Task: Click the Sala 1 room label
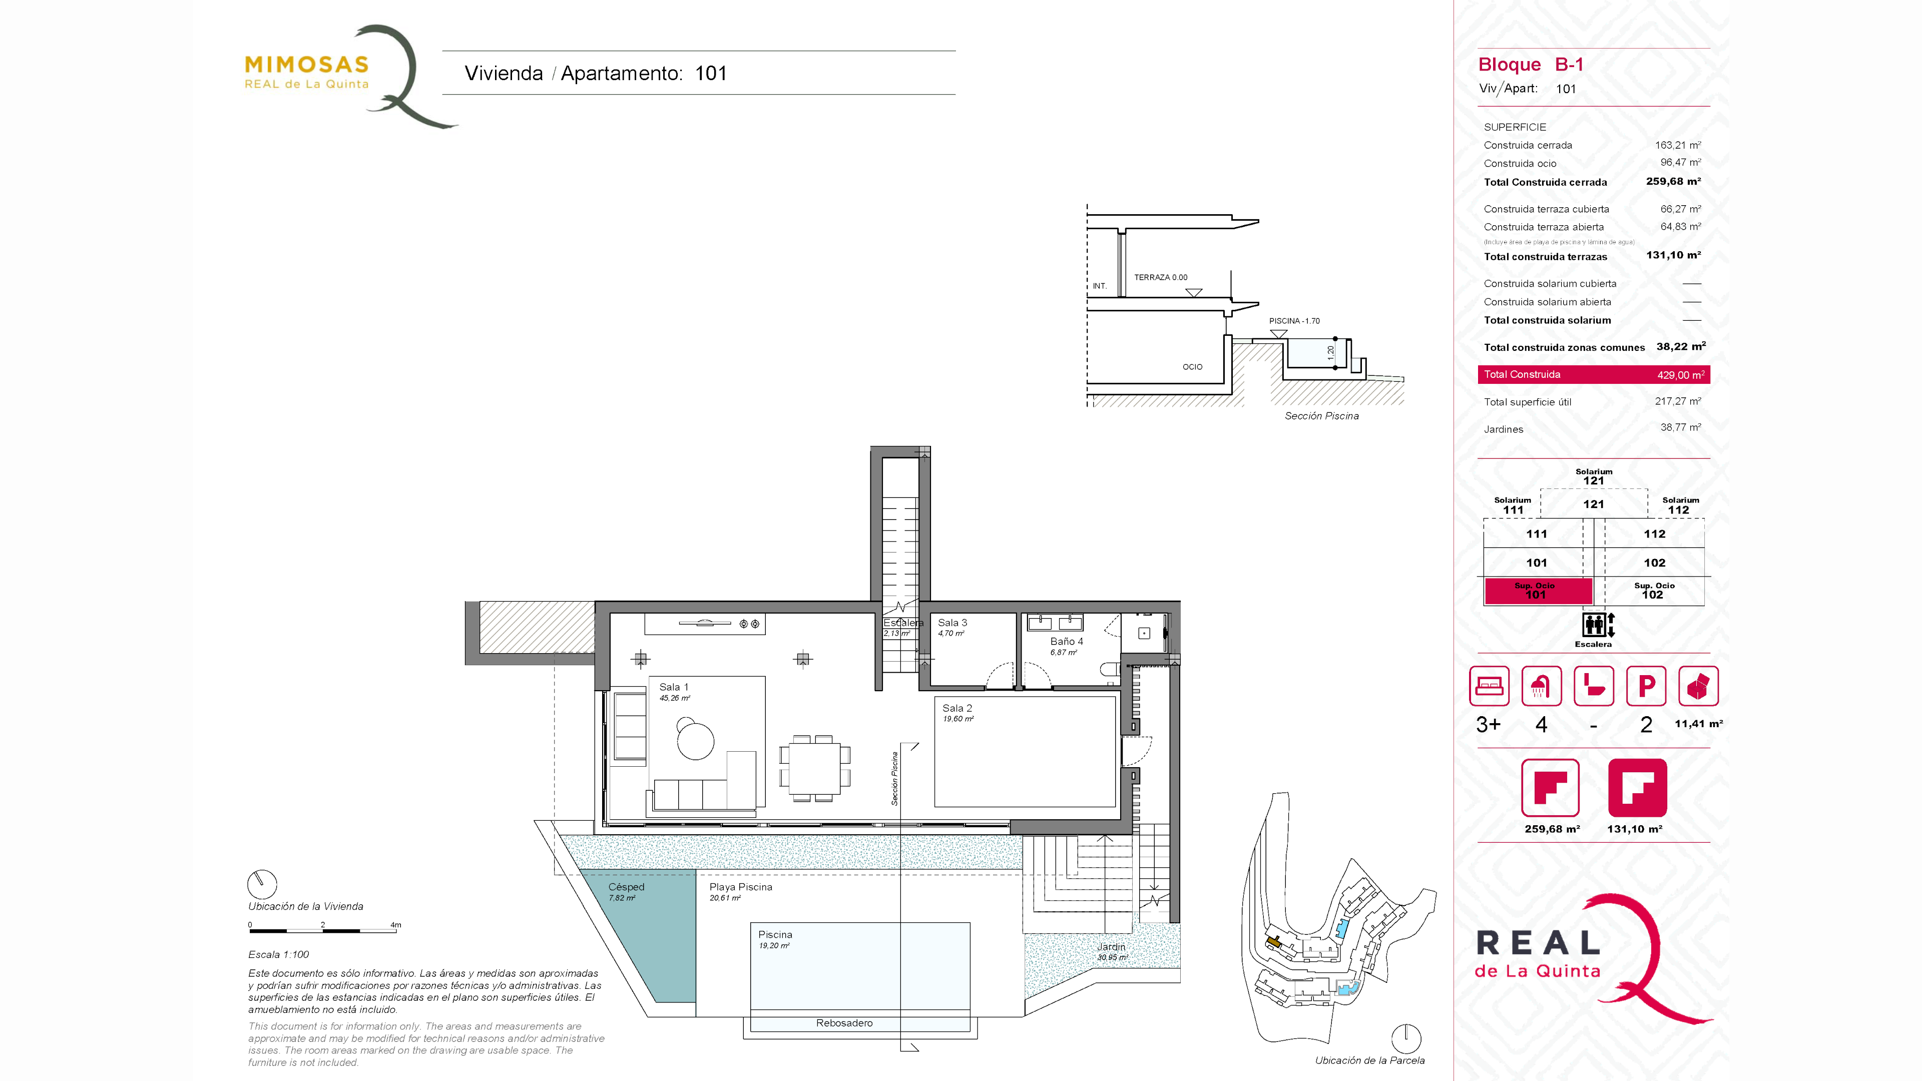pos(674,687)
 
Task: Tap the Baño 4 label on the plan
pos(1066,642)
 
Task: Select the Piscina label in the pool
pos(775,935)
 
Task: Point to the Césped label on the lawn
pos(626,887)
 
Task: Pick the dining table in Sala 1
pos(814,768)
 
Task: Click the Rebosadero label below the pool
pos(844,1023)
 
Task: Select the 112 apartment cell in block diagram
pos(1654,534)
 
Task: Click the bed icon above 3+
pos(1489,686)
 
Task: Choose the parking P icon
pos(1646,686)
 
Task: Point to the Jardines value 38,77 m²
pos(1680,427)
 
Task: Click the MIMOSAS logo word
pos(307,65)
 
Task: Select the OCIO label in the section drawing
pos(1192,367)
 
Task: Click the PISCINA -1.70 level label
pos(1294,321)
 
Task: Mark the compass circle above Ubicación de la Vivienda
pos(262,884)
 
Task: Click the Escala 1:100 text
pos(278,955)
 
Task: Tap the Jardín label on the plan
pos(1111,947)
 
